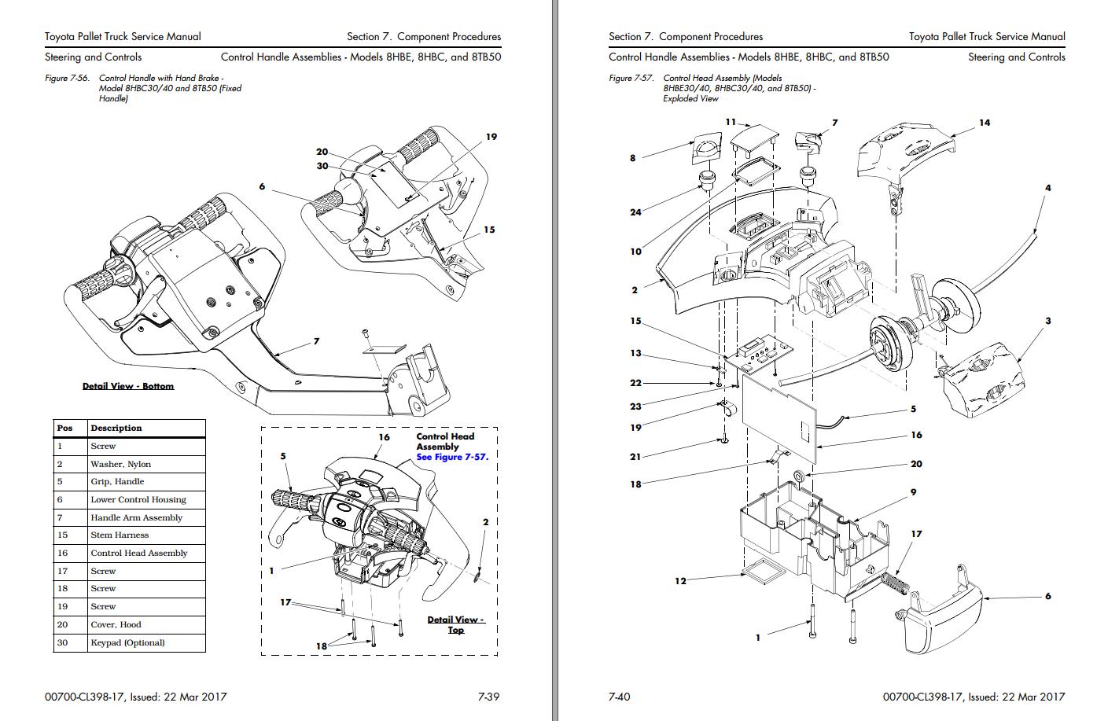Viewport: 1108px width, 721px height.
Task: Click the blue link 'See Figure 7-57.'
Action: tap(452, 457)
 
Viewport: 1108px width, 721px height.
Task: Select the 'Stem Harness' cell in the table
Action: tap(120, 535)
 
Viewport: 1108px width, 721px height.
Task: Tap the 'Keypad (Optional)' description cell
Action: tap(127, 642)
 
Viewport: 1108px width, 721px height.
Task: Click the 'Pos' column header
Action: tap(64, 428)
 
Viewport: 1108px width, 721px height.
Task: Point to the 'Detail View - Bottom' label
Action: tap(128, 386)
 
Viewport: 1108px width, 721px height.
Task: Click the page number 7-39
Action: tap(489, 696)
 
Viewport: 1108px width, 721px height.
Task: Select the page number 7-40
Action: tap(620, 696)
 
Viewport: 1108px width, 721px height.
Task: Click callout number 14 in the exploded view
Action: tap(985, 123)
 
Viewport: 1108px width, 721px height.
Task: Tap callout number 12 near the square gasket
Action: tap(680, 581)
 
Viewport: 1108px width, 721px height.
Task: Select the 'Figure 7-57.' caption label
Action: tap(631, 79)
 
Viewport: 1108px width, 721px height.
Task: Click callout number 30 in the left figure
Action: tap(322, 166)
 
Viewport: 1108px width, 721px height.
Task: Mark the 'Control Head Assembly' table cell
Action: tap(139, 553)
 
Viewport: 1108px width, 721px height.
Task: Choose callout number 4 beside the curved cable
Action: tap(1047, 188)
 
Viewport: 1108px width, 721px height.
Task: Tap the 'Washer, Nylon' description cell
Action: tap(120, 464)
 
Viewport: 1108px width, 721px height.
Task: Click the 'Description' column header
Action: tap(116, 428)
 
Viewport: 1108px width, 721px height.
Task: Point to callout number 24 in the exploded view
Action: tap(635, 212)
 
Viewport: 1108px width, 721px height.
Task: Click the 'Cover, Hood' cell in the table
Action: tap(116, 624)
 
